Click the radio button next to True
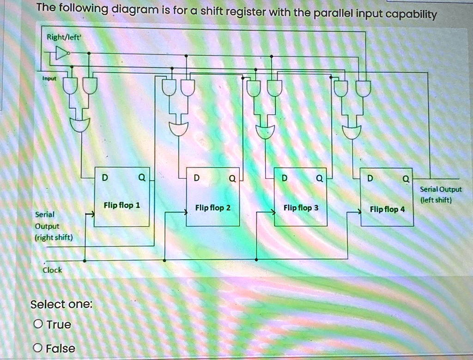38,324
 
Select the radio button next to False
38,348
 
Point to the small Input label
49,79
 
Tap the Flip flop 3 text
301,208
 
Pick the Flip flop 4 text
387,209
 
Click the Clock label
52,270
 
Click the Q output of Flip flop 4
405,178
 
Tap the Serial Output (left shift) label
441,194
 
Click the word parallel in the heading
333,14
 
